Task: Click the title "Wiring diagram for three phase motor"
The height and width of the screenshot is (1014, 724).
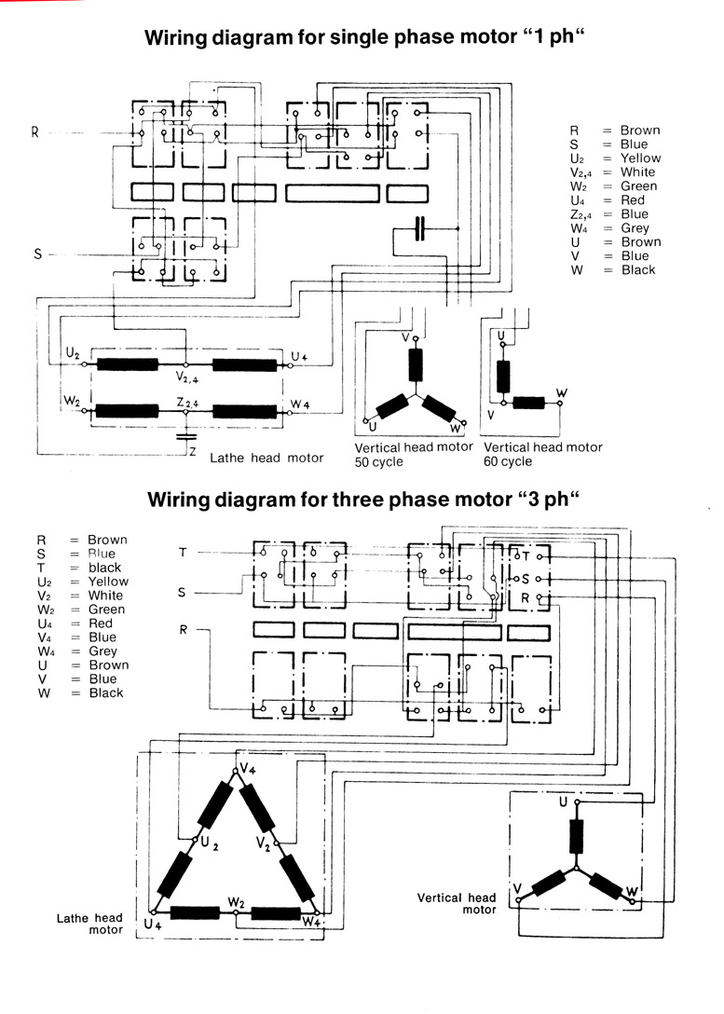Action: pos(364,500)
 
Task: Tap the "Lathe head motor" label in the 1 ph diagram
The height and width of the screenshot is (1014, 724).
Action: pos(266,458)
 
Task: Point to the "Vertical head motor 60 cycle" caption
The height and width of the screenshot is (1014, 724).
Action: pos(543,454)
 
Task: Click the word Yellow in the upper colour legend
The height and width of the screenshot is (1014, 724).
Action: pos(639,158)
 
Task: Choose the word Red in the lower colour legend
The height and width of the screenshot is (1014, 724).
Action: pos(100,623)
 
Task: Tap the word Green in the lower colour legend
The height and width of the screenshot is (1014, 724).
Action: pos(106,610)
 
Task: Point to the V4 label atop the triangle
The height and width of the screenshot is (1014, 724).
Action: pos(248,768)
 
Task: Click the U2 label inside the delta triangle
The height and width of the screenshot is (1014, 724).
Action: pos(210,843)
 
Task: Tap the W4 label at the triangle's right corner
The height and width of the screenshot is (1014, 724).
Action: pos(312,922)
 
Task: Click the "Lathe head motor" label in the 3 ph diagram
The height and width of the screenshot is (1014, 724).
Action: pos(90,924)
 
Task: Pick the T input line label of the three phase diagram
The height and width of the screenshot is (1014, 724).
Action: pos(183,553)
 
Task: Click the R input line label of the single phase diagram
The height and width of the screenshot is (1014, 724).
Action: pos(35,132)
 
